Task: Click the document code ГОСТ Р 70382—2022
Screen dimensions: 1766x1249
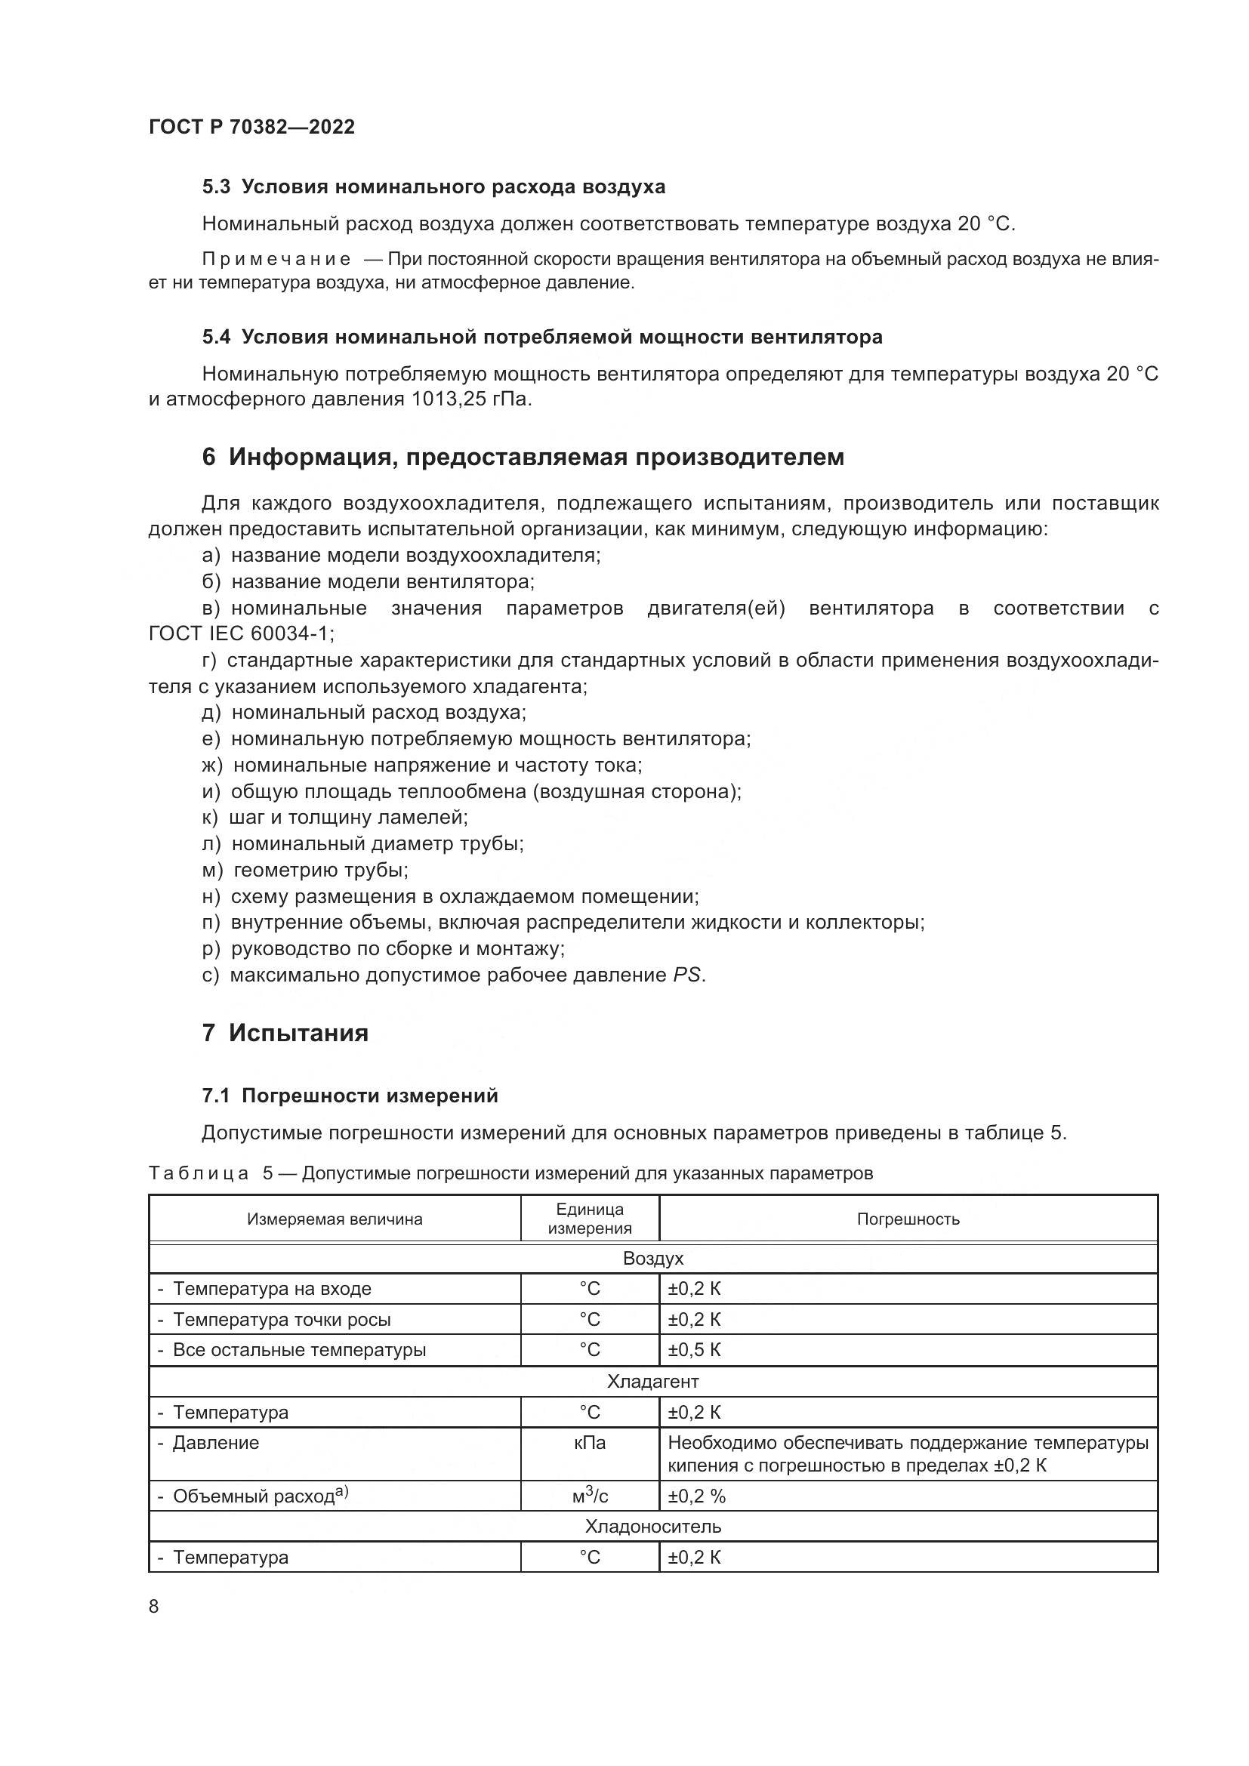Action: tap(251, 127)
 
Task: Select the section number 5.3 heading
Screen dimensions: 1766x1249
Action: tap(216, 187)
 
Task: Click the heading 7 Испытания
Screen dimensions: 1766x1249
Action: tap(285, 1032)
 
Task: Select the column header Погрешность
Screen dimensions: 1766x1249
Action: tap(908, 1219)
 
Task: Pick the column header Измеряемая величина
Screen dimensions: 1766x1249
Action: tap(335, 1219)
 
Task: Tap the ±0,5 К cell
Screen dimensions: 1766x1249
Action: tap(694, 1350)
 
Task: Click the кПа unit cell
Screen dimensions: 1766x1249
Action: tap(589, 1443)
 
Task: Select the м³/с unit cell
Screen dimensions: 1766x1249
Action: tap(589, 1496)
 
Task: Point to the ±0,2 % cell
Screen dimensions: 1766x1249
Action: tap(696, 1496)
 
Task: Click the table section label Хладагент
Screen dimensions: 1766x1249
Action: tap(652, 1382)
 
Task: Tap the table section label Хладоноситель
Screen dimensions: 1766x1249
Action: tap(652, 1526)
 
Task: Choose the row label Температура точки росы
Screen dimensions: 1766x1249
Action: tap(282, 1320)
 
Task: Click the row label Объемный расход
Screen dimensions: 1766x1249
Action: tap(254, 1496)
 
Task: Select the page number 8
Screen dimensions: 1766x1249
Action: tap(154, 1607)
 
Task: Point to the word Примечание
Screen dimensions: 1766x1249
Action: tap(276, 260)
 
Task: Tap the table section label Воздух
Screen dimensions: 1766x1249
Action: tap(652, 1259)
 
